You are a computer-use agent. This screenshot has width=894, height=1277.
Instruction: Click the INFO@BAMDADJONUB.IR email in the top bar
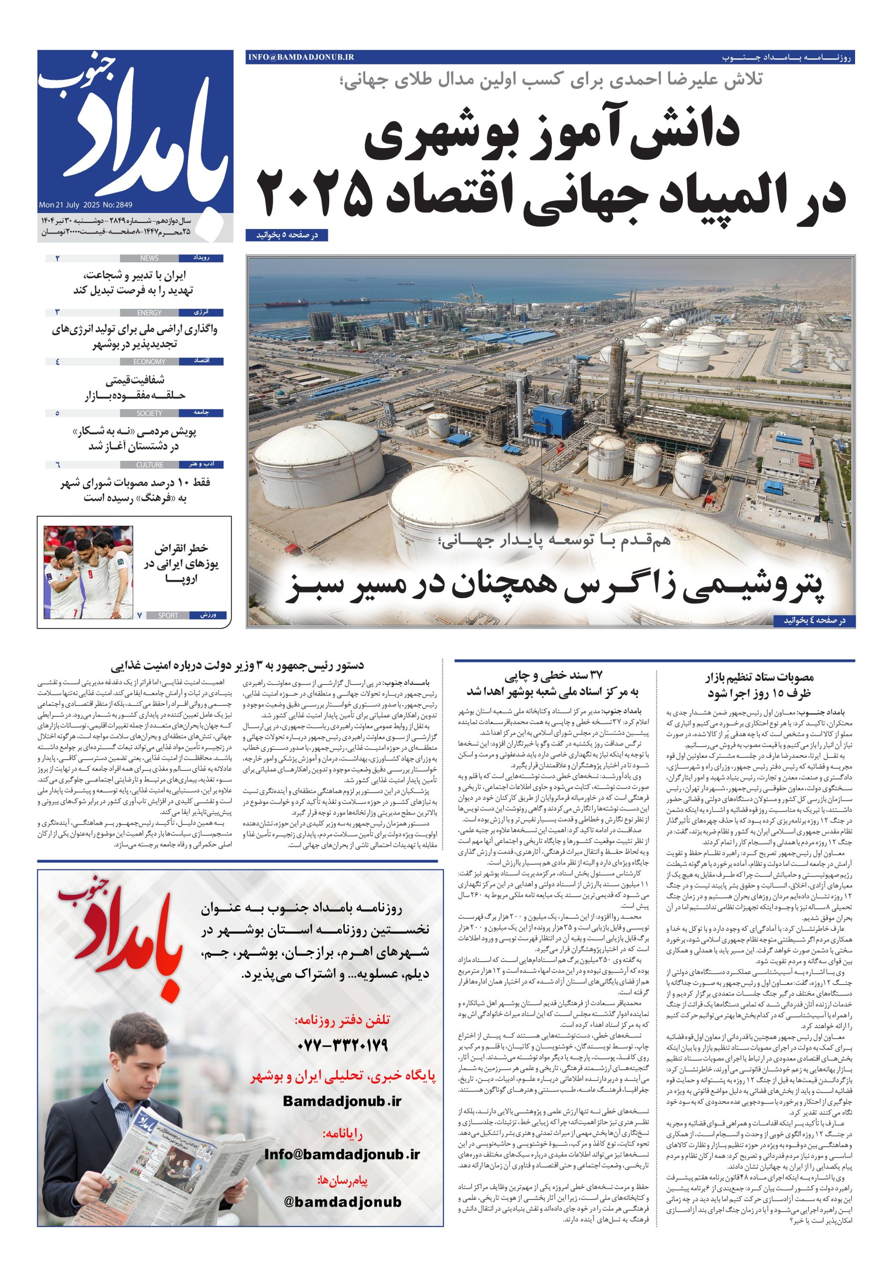300,57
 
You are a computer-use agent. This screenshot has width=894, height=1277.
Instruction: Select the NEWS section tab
149,258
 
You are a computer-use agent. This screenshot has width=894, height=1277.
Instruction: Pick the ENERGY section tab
149,313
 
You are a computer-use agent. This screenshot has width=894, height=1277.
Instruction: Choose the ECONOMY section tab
149,362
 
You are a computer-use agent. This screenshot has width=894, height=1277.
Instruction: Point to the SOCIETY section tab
149,413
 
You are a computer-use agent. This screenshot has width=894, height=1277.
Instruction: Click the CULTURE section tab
149,465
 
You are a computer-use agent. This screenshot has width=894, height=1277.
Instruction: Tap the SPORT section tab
168,616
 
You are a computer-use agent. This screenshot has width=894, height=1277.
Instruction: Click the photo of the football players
88,572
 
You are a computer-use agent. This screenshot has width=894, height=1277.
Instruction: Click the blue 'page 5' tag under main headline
286,236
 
